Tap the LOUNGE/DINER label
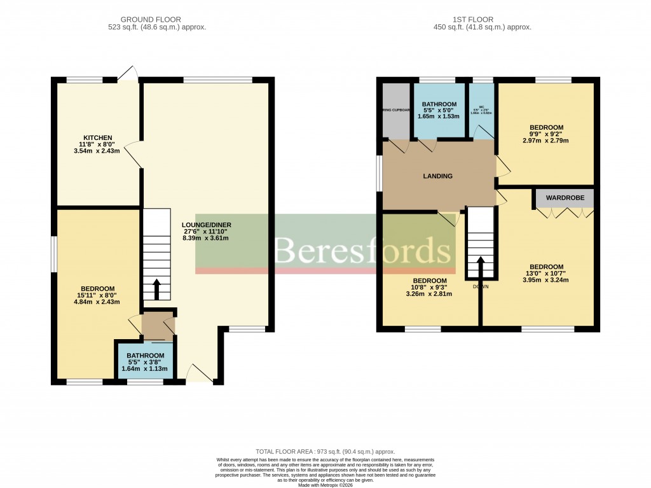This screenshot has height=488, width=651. (205, 225)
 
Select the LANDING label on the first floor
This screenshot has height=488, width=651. (438, 176)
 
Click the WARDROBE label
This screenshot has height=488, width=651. (565, 198)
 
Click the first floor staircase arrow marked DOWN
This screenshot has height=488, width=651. (480, 268)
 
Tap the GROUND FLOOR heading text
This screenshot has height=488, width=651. (156, 20)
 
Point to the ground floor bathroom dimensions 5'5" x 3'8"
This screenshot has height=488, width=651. (145, 363)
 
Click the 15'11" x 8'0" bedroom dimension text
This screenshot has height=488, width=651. (97, 296)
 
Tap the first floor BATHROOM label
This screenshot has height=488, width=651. (439, 104)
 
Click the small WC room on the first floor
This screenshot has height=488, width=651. (483, 109)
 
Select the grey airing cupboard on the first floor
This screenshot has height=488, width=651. (395, 109)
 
